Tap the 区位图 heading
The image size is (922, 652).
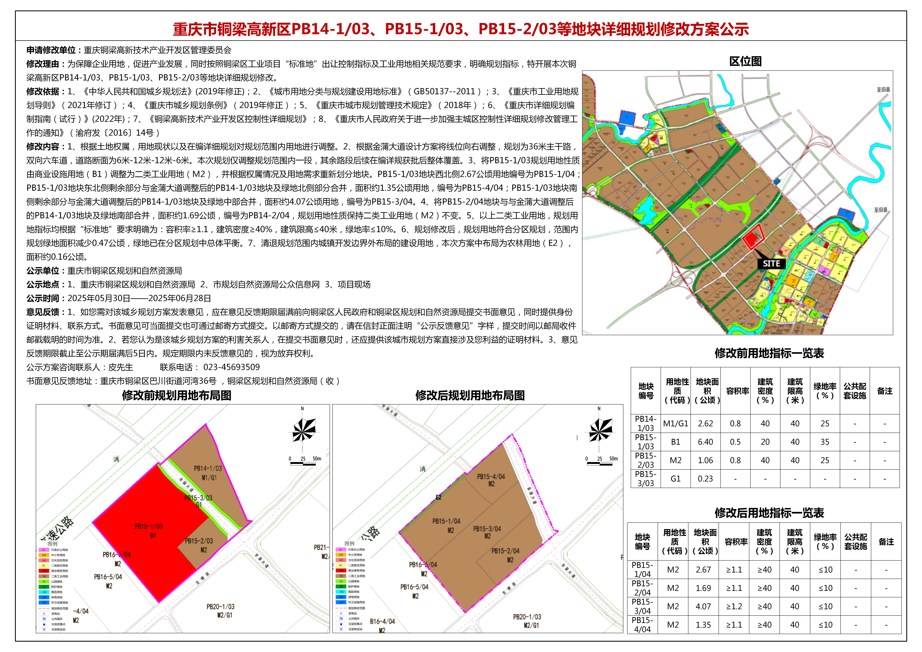pyautogui.click(x=745, y=61)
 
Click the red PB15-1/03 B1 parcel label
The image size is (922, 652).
pyautogui.click(x=149, y=530)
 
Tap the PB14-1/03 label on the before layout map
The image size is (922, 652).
pyautogui.click(x=208, y=468)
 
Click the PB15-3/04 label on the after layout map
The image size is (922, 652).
pyautogui.click(x=487, y=529)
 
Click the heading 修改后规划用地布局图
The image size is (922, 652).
pyautogui.click(x=470, y=395)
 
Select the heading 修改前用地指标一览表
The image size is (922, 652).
pyautogui.click(x=769, y=353)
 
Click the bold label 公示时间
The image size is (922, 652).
pyautogui.click(x=43, y=298)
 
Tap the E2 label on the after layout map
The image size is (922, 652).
pyautogui.click(x=438, y=497)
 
